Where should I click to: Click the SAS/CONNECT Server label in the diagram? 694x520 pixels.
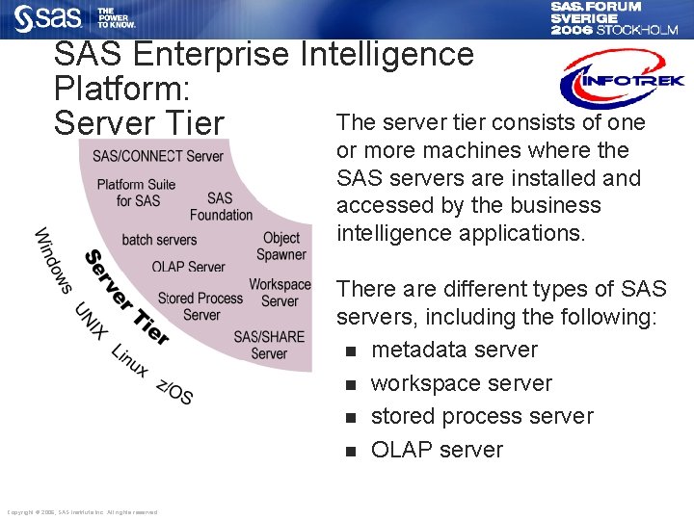pos(158,156)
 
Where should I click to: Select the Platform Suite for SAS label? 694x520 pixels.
pos(136,193)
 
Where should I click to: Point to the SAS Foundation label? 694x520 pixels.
pos(221,207)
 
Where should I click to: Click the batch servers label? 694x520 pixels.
pos(159,240)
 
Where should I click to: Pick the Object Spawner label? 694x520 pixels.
pos(281,247)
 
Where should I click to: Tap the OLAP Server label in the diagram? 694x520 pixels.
pos(188,267)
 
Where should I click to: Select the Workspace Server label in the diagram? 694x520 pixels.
pos(280,293)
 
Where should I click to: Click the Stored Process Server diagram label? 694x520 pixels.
pos(200,307)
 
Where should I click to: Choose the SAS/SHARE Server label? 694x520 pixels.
pos(269,345)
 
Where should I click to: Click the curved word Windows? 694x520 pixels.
pos(53,260)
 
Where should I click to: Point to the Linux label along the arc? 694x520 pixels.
pos(130,361)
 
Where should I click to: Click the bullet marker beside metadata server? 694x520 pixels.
pos(351,351)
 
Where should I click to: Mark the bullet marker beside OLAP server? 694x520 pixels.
pos(351,451)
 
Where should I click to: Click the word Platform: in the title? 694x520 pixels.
pos(121,90)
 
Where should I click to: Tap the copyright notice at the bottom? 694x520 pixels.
pos(82,512)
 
